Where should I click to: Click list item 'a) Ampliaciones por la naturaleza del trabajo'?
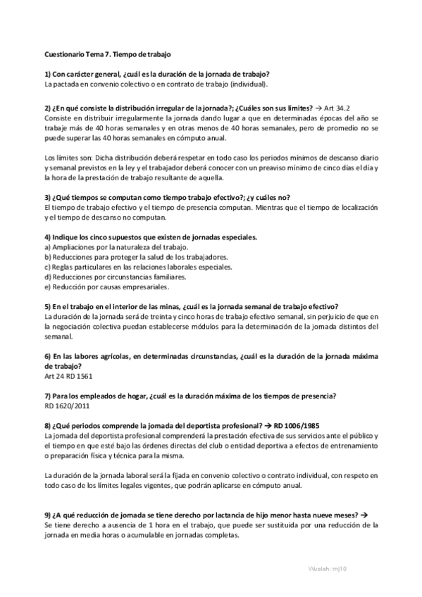click(106, 247)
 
